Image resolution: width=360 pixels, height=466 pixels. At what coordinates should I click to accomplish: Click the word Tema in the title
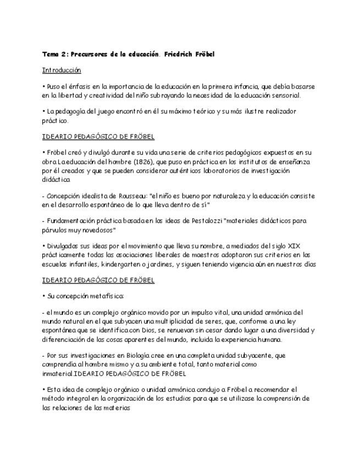pyautogui.click(x=51, y=54)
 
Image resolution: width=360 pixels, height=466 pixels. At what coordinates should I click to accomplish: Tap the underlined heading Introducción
pyautogui.click(x=62, y=70)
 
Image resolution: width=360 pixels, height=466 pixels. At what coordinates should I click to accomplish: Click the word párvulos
pyautogui.click(x=55, y=230)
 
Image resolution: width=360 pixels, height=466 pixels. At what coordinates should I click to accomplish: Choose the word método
pyautogui.click(x=55, y=398)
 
